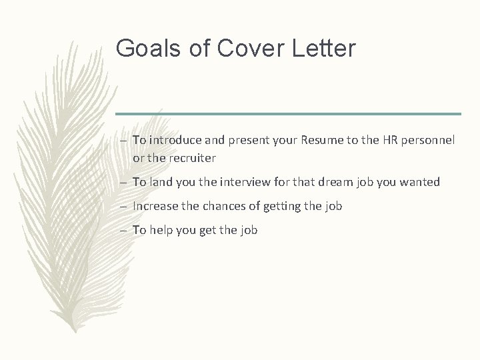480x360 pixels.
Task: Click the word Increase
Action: coord(155,206)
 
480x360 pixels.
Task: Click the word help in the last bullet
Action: coord(161,230)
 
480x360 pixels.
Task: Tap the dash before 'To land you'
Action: coord(125,182)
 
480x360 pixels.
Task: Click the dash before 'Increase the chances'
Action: coord(125,207)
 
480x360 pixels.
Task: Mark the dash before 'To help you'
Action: coord(125,231)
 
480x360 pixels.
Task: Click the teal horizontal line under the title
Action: coord(287,113)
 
